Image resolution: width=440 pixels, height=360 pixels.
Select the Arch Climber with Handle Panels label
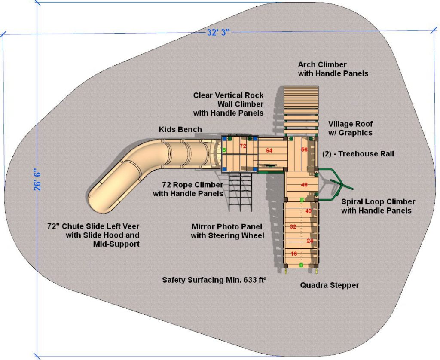tap(333, 69)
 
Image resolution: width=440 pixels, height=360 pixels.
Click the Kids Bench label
tap(180, 129)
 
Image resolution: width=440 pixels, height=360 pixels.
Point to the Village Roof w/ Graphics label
tap(350, 128)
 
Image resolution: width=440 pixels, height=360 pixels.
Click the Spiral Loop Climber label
tap(378, 206)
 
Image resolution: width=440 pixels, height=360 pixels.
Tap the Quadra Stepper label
tap(329, 285)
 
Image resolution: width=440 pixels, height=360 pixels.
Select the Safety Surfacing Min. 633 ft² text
tap(214, 280)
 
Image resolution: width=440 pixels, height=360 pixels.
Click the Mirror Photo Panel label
tap(227, 231)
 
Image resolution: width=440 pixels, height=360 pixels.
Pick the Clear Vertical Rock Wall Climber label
tap(228, 104)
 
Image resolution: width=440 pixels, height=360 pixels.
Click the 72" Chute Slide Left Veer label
tap(94, 235)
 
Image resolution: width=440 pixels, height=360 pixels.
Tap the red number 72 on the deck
tap(243, 146)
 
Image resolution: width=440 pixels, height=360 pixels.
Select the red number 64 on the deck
tap(269, 150)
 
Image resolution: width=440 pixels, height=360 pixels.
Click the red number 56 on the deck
tap(304, 149)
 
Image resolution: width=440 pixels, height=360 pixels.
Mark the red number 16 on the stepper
tap(294, 254)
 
